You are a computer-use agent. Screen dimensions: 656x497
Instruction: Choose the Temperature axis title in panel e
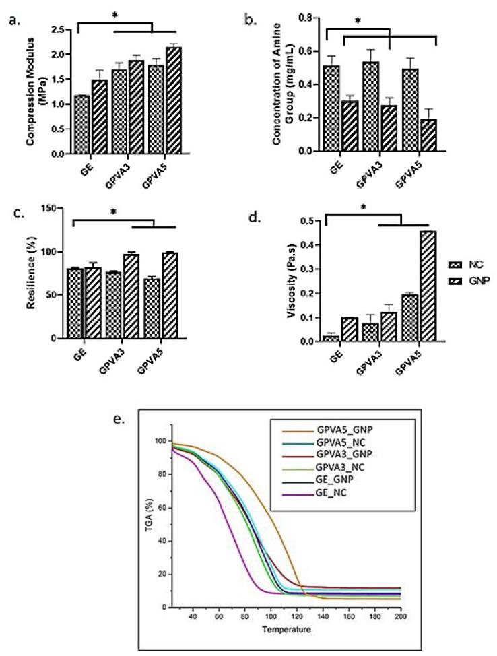pos(288,630)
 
